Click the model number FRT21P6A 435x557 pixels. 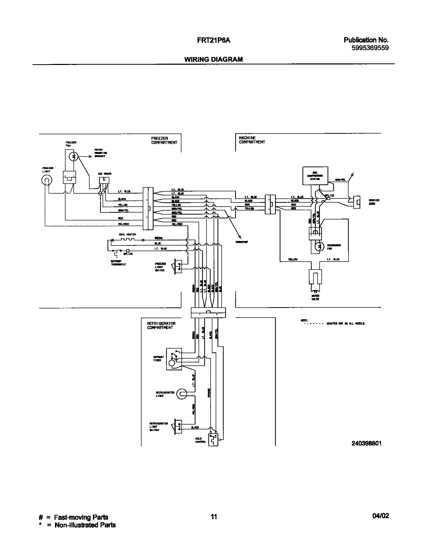click(x=216, y=40)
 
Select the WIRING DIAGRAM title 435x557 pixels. click(x=213, y=59)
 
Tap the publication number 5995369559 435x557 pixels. click(x=370, y=48)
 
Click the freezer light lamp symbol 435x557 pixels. click(x=47, y=180)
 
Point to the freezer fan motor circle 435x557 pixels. click(x=73, y=156)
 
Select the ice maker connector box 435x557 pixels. click(x=104, y=180)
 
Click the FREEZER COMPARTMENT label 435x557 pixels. click(x=164, y=140)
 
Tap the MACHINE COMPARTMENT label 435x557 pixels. click(x=252, y=140)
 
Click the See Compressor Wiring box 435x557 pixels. click(x=315, y=176)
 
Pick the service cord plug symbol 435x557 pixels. click(x=357, y=202)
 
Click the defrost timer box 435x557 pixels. click(x=174, y=359)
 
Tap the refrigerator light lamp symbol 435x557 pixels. click(x=182, y=394)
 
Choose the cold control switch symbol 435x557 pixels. click(x=213, y=440)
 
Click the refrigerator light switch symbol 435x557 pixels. click(x=178, y=427)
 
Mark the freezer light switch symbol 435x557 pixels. click(x=178, y=266)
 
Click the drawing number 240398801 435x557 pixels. click(x=366, y=443)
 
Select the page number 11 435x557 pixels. click(x=214, y=517)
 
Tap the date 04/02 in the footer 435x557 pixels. click(x=380, y=516)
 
